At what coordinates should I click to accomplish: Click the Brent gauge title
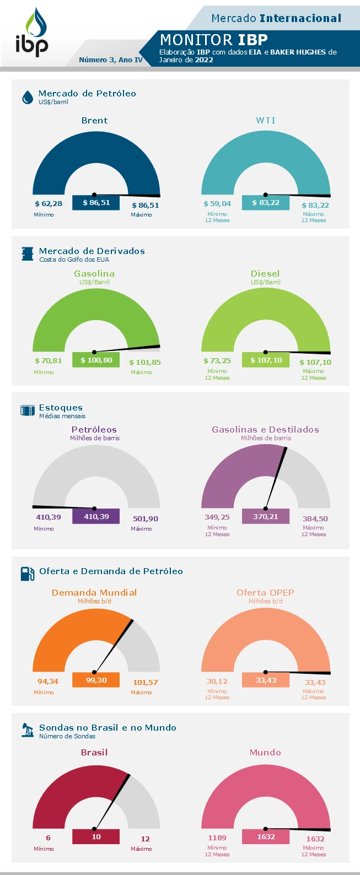point(94,121)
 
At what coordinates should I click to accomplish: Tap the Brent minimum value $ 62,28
point(49,204)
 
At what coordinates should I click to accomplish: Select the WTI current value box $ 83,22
point(266,203)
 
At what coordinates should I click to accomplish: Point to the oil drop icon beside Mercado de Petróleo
point(27,98)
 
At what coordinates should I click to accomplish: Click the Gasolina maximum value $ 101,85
point(145,362)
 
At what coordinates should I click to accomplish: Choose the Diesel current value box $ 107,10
point(266,360)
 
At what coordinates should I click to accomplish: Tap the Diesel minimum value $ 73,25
point(217,361)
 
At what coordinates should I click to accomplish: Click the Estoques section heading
point(61,408)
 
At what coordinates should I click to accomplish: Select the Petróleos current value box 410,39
point(96,516)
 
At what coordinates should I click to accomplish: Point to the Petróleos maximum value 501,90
point(146,518)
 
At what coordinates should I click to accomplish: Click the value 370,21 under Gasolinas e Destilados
point(266,516)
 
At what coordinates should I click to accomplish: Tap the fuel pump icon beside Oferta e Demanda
point(28,574)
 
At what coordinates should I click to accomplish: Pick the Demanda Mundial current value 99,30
point(96,680)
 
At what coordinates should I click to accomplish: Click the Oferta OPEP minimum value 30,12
point(217,682)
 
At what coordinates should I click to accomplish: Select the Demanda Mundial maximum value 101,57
point(146,682)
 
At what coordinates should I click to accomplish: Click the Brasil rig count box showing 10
point(96,836)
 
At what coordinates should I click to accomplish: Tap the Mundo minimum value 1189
point(217,838)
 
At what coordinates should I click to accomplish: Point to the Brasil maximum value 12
point(145,839)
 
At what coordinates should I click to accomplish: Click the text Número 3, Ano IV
point(111,60)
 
